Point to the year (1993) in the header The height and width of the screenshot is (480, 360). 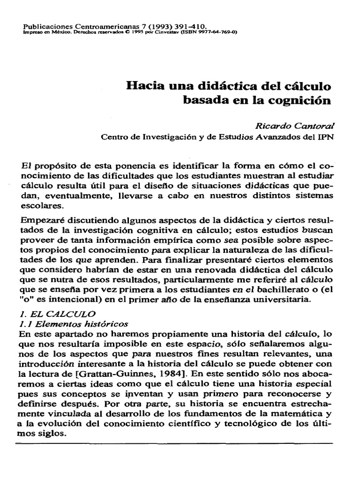click(x=159, y=28)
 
